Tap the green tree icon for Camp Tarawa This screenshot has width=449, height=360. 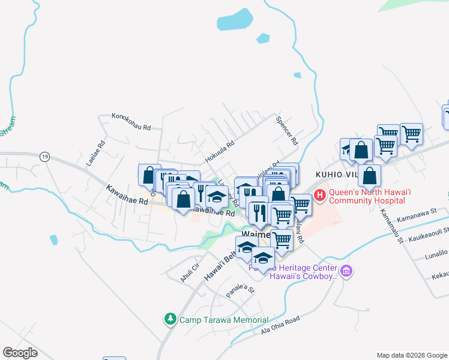click(x=171, y=319)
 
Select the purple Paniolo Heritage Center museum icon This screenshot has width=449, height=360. click(x=346, y=271)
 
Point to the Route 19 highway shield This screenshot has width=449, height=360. click(x=44, y=156)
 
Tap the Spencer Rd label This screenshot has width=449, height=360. click(x=286, y=131)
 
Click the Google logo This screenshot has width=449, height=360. click(x=20, y=353)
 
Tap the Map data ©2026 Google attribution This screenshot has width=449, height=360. click(x=412, y=355)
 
